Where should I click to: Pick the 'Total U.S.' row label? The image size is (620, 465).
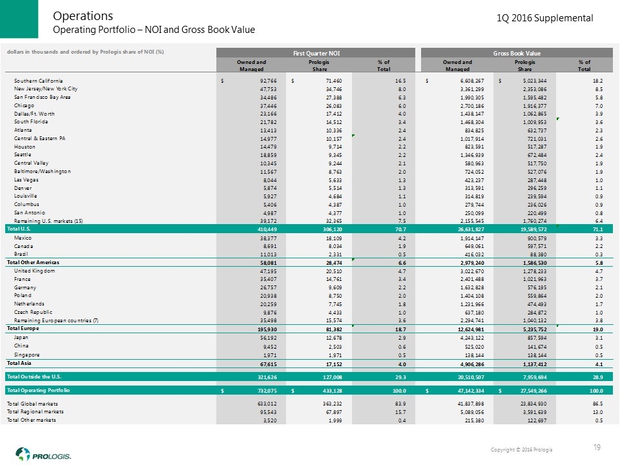point(21,229)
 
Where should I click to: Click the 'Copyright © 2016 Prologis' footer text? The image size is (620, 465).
point(521,449)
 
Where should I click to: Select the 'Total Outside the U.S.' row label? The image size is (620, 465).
point(37,376)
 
